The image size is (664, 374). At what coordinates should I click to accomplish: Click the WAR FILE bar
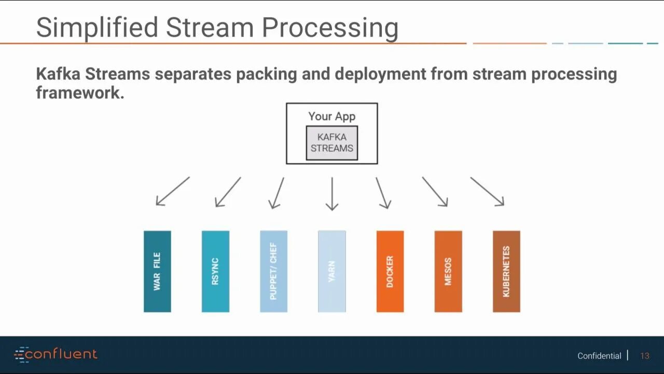point(157,271)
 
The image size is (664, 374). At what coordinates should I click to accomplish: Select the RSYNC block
point(215,271)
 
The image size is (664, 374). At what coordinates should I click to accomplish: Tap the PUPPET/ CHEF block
point(273,271)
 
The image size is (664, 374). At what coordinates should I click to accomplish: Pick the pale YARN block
point(331,271)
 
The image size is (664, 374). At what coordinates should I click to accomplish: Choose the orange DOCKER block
point(390,271)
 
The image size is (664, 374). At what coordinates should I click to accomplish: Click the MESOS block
point(448,271)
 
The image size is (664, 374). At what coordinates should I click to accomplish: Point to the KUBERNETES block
point(506,271)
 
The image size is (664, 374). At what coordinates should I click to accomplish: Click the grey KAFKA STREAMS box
point(332,143)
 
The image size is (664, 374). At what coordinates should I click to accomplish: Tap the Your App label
point(332,116)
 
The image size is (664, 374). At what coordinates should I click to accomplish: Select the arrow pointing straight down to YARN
point(332,193)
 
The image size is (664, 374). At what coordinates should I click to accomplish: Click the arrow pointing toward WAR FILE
point(173,191)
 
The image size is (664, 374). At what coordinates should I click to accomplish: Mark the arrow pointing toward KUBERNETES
point(487,191)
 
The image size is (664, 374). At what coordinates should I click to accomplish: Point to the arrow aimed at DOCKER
point(383,193)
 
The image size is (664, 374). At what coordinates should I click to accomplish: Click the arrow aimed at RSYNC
point(228,192)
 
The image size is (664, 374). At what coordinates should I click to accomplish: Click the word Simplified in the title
point(96,27)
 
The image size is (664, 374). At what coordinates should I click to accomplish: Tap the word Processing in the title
point(330,28)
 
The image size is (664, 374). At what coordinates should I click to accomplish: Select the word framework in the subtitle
point(79,92)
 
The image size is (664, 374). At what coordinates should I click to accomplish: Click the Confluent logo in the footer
point(56,355)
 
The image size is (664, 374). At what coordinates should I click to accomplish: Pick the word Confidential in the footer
point(599,356)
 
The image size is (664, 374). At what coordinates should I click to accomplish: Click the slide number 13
point(645,356)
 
